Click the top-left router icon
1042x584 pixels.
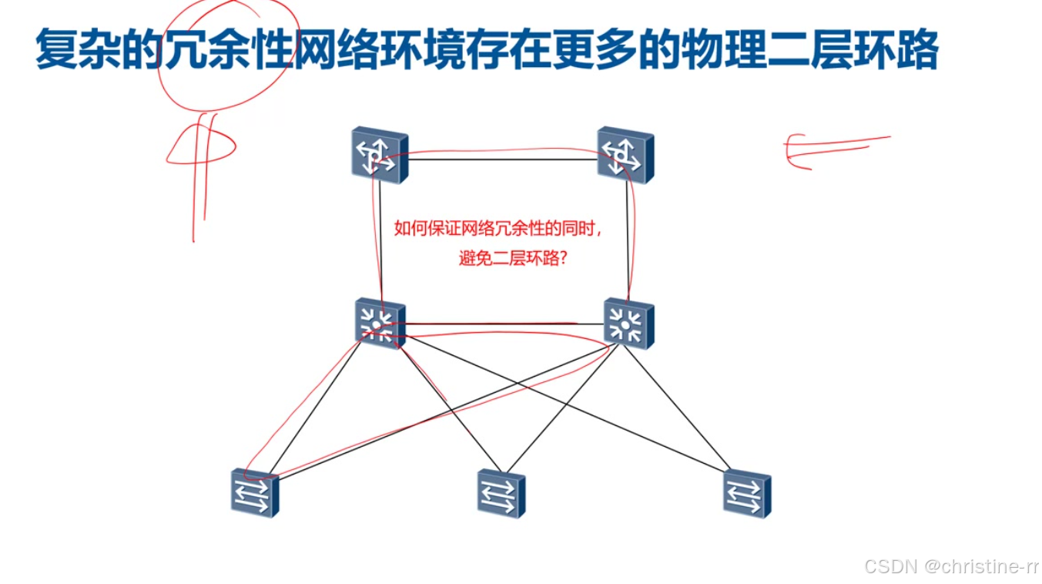coord(380,156)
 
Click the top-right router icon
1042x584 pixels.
coord(625,156)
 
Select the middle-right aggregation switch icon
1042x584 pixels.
coord(628,324)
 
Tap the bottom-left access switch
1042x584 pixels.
coord(254,492)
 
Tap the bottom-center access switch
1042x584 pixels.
coord(501,494)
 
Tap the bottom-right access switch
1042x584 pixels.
coord(747,494)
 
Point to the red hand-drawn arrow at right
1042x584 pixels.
coord(836,148)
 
